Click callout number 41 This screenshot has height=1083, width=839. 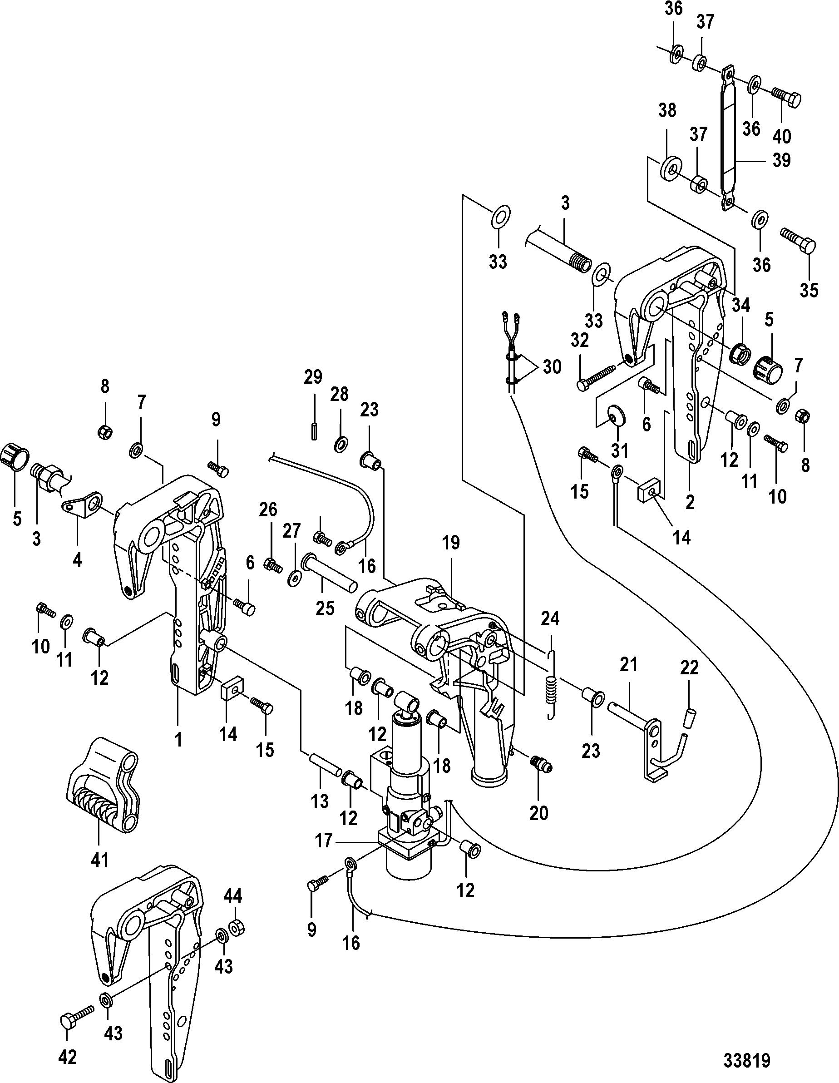tap(100, 859)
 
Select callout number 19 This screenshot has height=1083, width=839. tap(451, 543)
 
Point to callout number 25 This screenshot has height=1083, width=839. tap(325, 608)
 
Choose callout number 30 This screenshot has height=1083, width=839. tap(552, 367)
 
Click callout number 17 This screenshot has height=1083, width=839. tap(324, 841)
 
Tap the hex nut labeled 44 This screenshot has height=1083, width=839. tap(237, 926)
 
